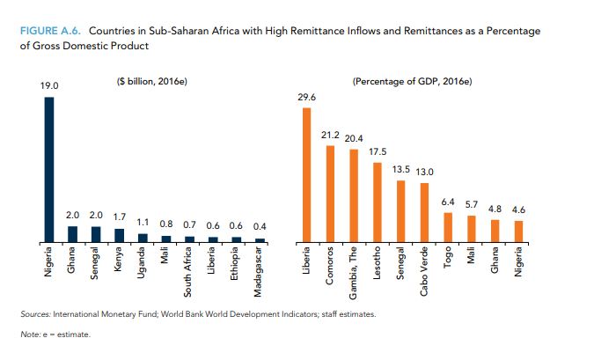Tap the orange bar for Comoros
(330, 194)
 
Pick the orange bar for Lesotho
(377, 202)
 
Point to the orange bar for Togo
(448, 226)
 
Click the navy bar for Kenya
(120, 234)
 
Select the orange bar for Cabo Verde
(424, 211)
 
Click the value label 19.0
(49, 87)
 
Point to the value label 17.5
(377, 152)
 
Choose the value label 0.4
(259, 228)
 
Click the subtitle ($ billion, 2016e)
(152, 82)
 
